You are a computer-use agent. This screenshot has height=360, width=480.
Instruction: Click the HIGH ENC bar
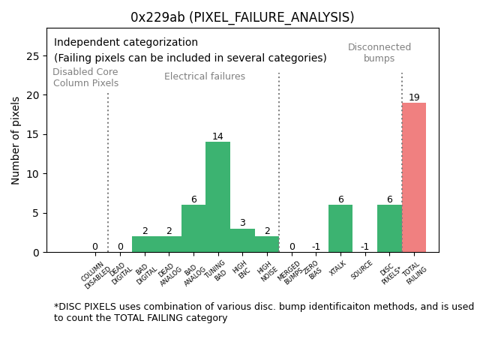(x=242, y=240)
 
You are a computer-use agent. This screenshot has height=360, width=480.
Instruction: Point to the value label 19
(x=414, y=97)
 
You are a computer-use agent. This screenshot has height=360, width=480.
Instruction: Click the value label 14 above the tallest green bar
(x=217, y=136)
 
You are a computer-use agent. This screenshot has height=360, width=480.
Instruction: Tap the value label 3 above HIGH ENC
(x=242, y=223)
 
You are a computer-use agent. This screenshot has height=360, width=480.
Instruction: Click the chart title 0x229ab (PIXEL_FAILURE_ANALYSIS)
(x=242, y=17)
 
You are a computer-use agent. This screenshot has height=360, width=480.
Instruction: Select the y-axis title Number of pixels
(x=16, y=140)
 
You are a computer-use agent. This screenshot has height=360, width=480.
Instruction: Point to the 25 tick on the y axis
(x=33, y=56)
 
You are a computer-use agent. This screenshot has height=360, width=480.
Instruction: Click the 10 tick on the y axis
(x=33, y=174)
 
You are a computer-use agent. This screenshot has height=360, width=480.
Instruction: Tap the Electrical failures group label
(x=205, y=76)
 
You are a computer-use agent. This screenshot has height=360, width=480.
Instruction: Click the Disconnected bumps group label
(x=379, y=52)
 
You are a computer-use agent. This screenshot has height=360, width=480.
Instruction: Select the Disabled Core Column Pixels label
(x=85, y=77)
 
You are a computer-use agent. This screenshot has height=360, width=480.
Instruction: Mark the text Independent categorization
(x=126, y=43)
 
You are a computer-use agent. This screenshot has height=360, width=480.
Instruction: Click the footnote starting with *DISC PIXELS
(x=263, y=312)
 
